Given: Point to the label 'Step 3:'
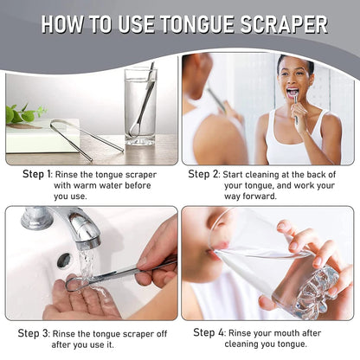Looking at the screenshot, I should coord(37,332).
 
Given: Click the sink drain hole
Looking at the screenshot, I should coord(63,260).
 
